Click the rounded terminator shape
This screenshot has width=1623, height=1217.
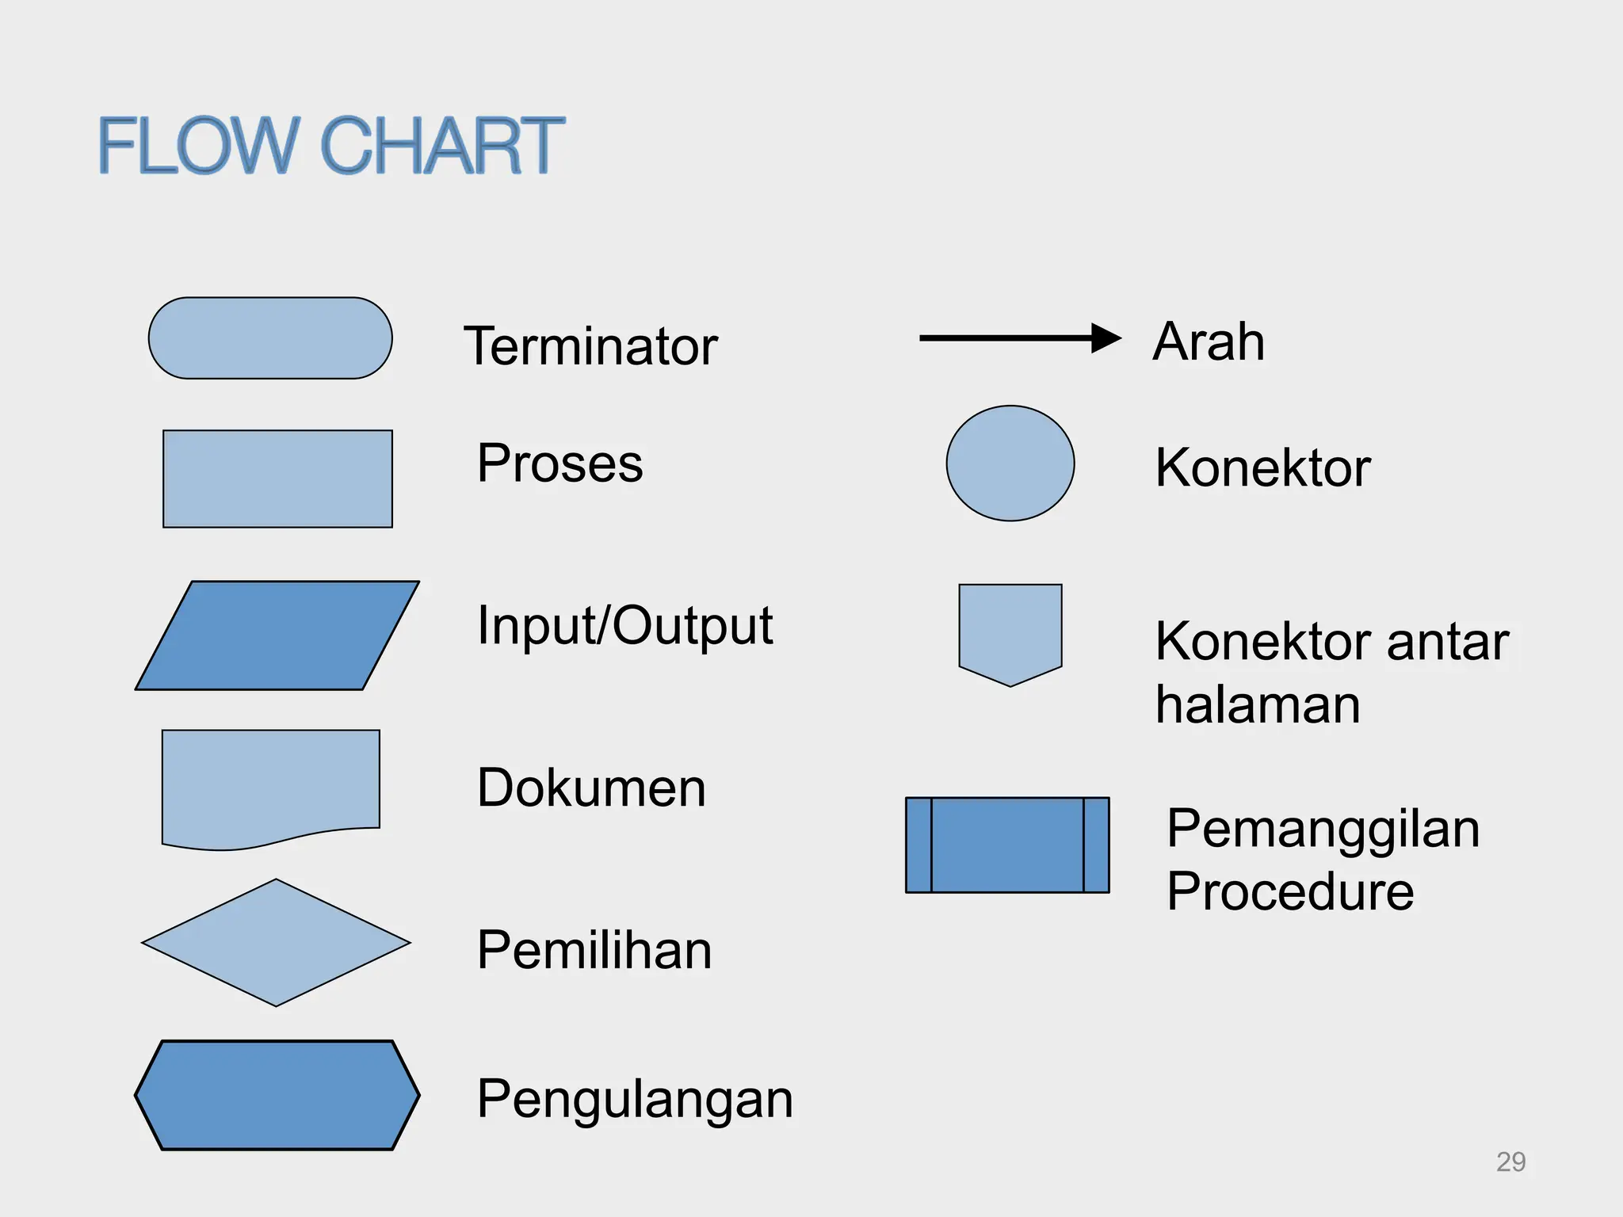click(x=270, y=338)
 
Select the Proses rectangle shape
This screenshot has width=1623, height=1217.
click(x=277, y=479)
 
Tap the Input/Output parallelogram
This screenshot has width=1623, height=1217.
click(x=277, y=635)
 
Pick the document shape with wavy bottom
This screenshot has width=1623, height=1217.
click(x=270, y=784)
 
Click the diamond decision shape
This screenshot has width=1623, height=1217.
click(x=276, y=943)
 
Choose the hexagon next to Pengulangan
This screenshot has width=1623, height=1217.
click(x=277, y=1095)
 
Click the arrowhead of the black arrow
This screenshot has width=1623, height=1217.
click(x=1106, y=338)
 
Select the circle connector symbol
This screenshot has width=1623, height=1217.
click(x=1010, y=464)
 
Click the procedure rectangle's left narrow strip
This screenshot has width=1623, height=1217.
click(x=918, y=845)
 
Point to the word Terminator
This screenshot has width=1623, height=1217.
click(x=590, y=346)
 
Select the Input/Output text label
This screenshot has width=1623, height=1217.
click(x=624, y=626)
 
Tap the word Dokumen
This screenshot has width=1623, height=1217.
click(x=591, y=788)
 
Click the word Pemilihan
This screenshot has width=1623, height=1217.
click(x=594, y=950)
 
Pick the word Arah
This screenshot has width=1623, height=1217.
click(x=1209, y=341)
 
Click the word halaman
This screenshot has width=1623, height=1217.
click(x=1258, y=704)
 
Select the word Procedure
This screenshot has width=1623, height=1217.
click(x=1290, y=891)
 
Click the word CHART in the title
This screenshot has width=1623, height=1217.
click(x=441, y=146)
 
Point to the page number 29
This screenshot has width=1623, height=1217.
click(x=1510, y=1162)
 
